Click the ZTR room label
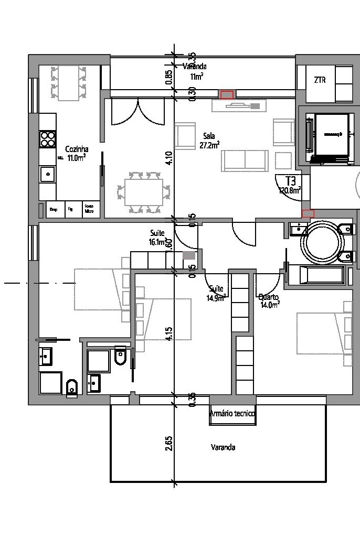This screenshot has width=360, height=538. pos(320,80)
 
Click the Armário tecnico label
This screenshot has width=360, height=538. pos(232,414)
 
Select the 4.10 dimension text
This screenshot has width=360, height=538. pos(168,158)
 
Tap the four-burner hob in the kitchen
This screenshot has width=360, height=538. pos(48,139)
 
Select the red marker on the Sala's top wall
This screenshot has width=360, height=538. pos(227,95)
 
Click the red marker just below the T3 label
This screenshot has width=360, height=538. pos(308,213)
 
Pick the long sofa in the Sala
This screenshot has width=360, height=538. pos(245,160)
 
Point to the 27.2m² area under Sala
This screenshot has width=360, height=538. pos(209,145)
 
